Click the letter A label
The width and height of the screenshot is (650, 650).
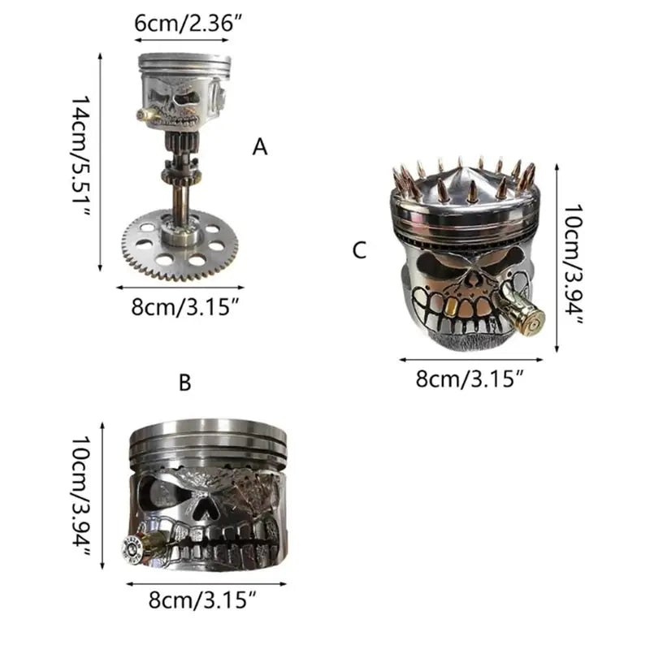(259, 147)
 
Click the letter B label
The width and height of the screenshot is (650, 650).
(185, 383)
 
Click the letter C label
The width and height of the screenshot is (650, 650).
(359, 250)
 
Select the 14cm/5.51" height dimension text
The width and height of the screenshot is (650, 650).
(80, 157)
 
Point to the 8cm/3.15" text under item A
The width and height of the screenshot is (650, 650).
(185, 307)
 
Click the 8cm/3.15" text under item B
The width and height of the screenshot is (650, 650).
(202, 600)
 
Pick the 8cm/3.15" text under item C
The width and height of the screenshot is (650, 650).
(470, 379)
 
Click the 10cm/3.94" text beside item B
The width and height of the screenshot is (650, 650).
(80, 496)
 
